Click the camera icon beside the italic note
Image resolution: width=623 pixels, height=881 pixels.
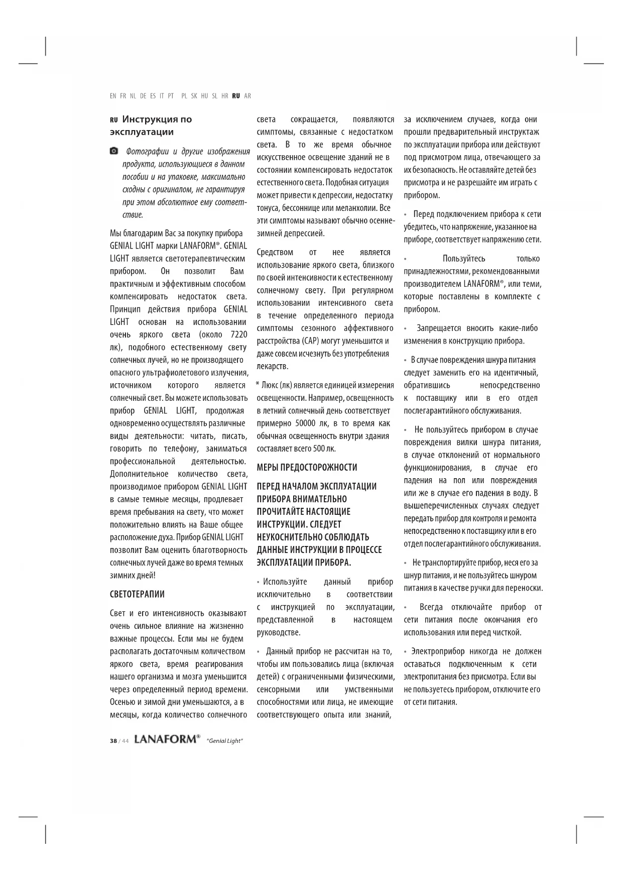coord(114,151)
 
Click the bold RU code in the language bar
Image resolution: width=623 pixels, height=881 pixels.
coord(236,96)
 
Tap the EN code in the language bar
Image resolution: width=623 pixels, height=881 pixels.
coord(113,96)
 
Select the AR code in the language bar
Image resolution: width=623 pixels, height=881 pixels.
coord(247,96)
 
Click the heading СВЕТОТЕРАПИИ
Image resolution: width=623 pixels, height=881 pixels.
coord(137,594)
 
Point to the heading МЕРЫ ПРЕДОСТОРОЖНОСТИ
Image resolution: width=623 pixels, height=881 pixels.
coord(307,468)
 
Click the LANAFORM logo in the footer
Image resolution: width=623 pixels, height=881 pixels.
coord(167,740)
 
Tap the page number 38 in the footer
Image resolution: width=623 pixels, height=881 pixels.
coord(113,741)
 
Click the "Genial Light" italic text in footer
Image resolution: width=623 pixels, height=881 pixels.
coord(224,741)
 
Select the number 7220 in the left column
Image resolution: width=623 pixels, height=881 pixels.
coord(238,335)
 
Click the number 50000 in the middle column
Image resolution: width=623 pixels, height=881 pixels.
coord(305,423)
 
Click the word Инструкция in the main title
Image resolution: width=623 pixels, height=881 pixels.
coord(149,120)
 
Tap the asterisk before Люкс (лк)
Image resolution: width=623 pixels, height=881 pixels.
coord(258,385)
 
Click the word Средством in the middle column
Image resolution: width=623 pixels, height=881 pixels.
coord(275,252)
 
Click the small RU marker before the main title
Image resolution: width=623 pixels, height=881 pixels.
coord(113,120)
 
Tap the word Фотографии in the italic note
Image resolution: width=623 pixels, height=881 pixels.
coord(148,151)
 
